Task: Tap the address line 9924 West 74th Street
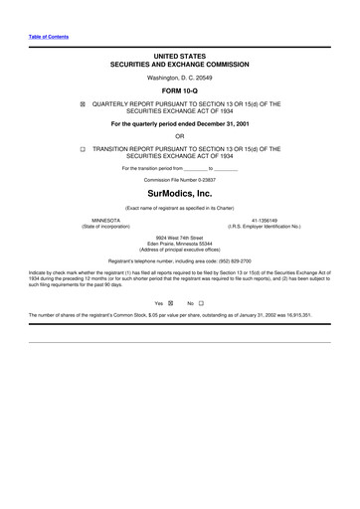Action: (179, 238)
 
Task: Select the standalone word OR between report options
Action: (179, 135)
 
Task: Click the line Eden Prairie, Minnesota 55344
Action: (179, 244)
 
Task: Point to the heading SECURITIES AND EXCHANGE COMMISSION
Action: (179, 62)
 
